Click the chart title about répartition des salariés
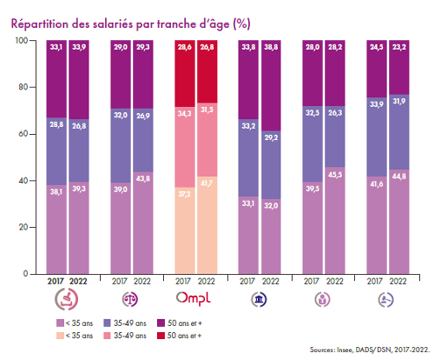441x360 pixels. pyautogui.click(x=131, y=24)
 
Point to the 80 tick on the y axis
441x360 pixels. pyautogui.click(x=32, y=87)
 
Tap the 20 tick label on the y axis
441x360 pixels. pyautogui.click(x=23, y=227)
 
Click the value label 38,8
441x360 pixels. pyautogui.click(x=271, y=47)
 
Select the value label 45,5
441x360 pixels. pyautogui.click(x=335, y=174)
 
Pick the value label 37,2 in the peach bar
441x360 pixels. pyautogui.click(x=184, y=194)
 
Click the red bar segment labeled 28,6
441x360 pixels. pyautogui.click(x=185, y=74)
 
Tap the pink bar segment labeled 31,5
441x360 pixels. pyautogui.click(x=207, y=139)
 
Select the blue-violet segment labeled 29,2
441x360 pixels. pyautogui.click(x=271, y=165)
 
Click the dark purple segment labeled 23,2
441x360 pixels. pyautogui.click(x=399, y=67)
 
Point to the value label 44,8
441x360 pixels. pyautogui.click(x=399, y=176)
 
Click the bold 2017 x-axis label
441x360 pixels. pyautogui.click(x=55, y=281)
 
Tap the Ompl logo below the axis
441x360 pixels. pyautogui.click(x=193, y=299)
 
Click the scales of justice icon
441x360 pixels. pyautogui.click(x=130, y=300)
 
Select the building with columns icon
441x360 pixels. pyautogui.click(x=259, y=300)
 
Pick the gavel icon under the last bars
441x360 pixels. pyautogui.click(x=386, y=300)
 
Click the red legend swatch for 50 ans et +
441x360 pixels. pyautogui.click(x=160, y=335)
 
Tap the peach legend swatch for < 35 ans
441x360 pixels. pyautogui.click(x=60, y=335)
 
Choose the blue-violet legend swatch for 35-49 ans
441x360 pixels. pyautogui.click(x=107, y=323)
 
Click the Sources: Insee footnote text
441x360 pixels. pyautogui.click(x=370, y=349)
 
